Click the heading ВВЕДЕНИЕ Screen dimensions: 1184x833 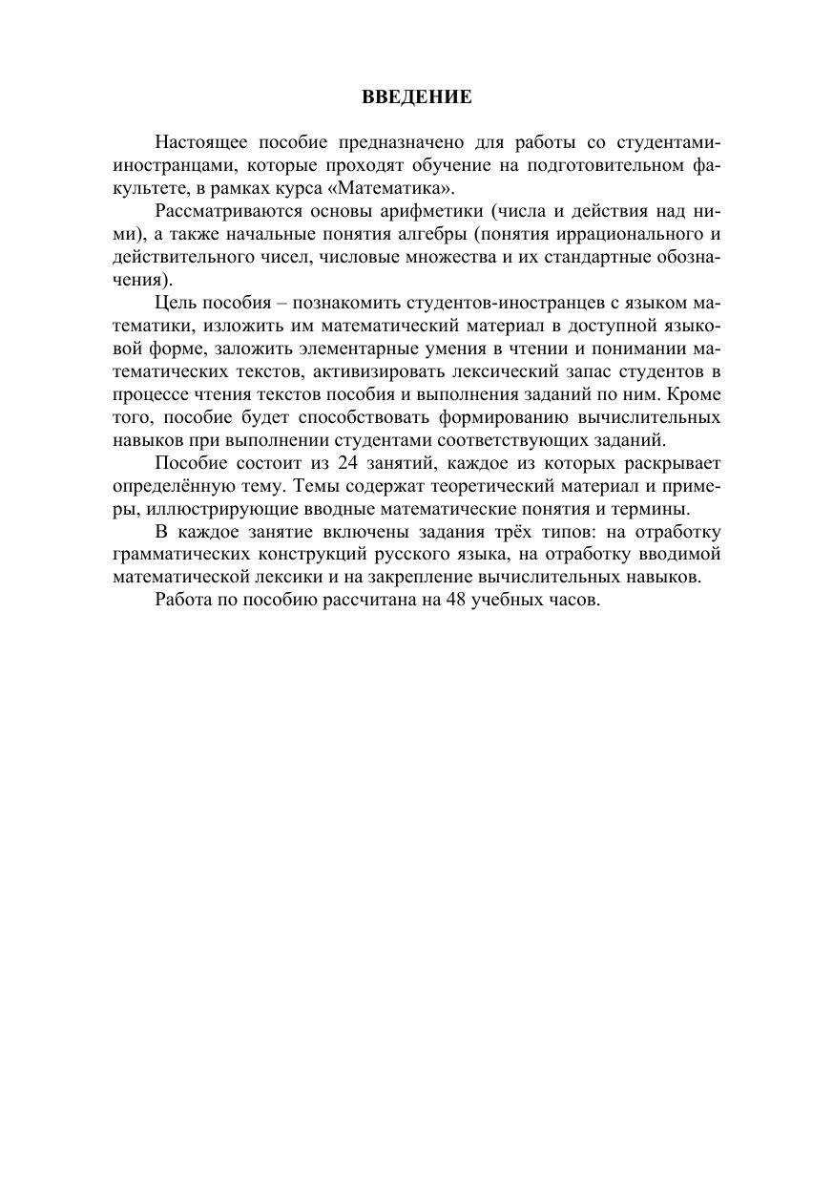(x=416, y=96)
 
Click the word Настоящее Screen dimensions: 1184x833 (x=197, y=143)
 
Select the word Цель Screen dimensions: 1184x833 (x=172, y=304)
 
